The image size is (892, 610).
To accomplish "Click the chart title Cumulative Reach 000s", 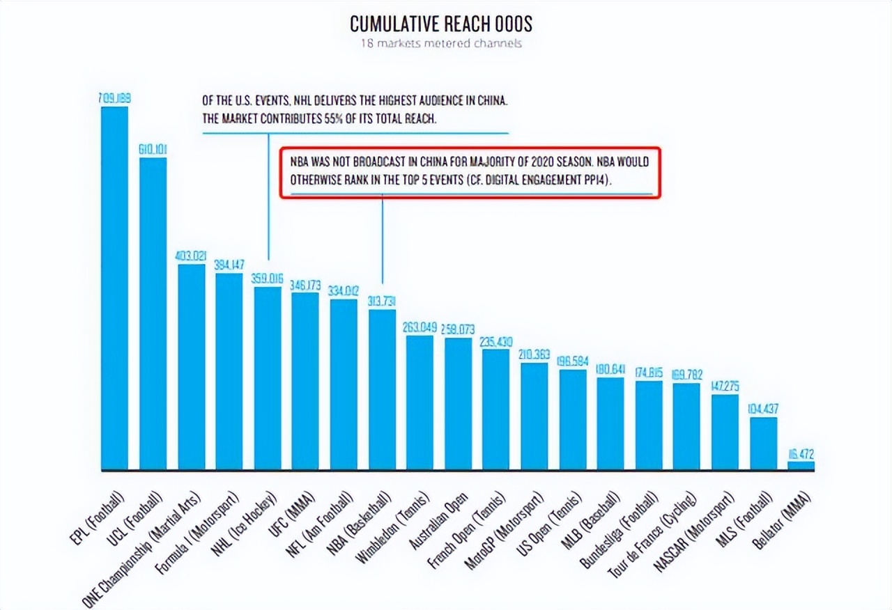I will (x=440, y=24).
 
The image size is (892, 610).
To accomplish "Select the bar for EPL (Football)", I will (x=115, y=289).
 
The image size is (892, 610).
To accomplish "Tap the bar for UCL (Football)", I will (x=153, y=313).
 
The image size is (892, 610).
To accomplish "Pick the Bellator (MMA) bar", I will (x=801, y=466).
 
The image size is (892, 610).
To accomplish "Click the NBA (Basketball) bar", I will (x=382, y=390).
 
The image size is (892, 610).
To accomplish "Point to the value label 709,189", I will (x=114, y=99).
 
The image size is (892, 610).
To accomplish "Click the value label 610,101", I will (x=153, y=150).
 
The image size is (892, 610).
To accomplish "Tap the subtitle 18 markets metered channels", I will (x=440, y=44).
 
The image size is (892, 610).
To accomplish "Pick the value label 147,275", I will (x=725, y=386).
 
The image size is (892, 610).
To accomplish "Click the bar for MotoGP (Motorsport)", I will (x=535, y=416).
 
